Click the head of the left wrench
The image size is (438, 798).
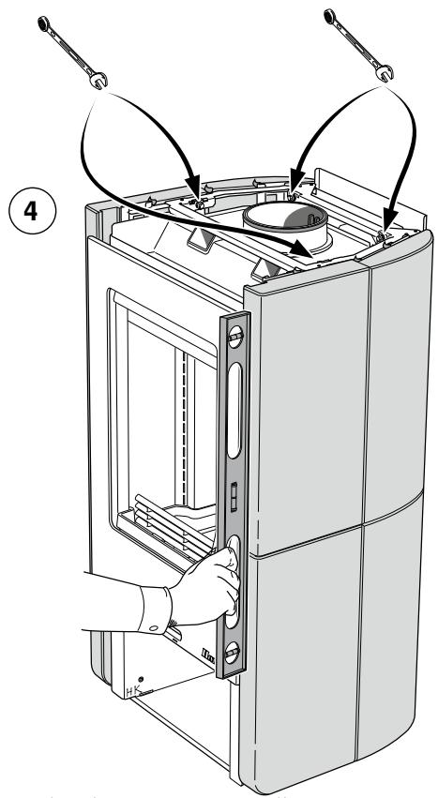coord(97,83)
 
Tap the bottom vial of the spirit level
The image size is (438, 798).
coord(234,650)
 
